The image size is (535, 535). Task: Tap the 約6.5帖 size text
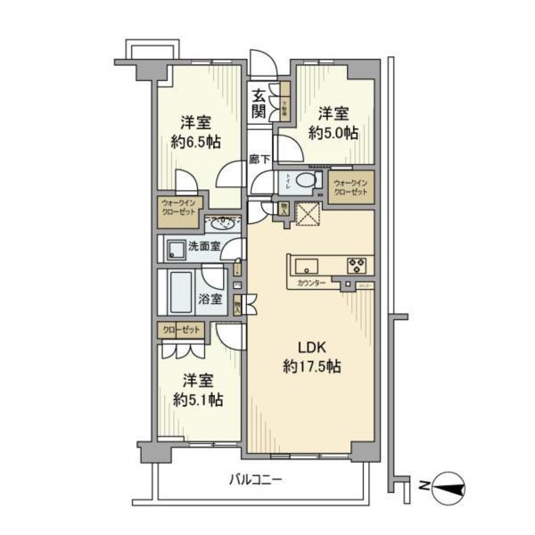(196, 141)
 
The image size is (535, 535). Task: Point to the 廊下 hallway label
(259, 160)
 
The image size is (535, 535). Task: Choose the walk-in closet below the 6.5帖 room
(179, 209)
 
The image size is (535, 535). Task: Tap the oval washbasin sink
(224, 223)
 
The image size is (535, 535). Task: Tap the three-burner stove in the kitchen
(358, 264)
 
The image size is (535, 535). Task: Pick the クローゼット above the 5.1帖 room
(181, 331)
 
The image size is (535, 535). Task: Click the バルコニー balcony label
(255, 480)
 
